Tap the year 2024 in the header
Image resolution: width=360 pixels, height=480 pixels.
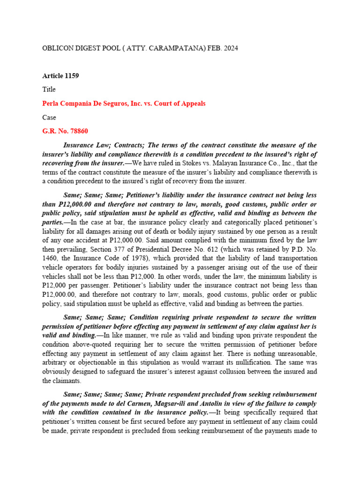[x=230, y=48]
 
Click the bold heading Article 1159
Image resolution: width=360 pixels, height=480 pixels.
[x=60, y=75]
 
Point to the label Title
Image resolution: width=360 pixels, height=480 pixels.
[x=49, y=89]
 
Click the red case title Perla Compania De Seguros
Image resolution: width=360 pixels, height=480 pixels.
[x=124, y=103]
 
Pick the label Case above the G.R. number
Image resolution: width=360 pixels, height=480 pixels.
[x=49, y=117]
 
